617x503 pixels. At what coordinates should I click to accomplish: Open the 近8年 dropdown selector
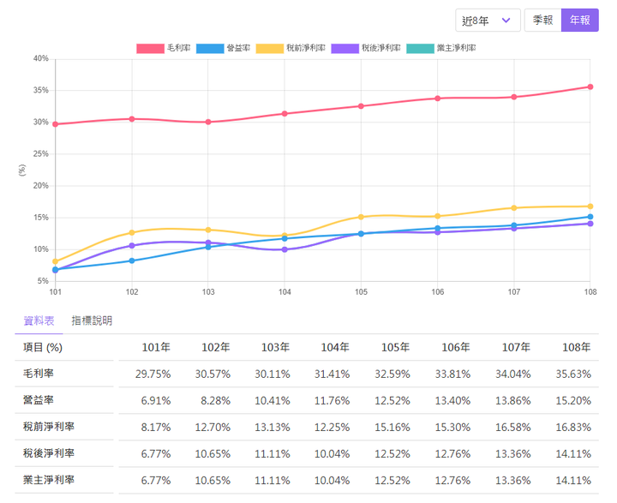click(x=488, y=20)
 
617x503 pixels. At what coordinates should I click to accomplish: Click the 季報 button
click(x=542, y=20)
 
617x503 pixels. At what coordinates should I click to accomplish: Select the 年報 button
click(x=580, y=20)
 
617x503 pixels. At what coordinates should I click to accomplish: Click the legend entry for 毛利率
click(x=165, y=48)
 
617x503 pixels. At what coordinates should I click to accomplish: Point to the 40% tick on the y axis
click(x=40, y=58)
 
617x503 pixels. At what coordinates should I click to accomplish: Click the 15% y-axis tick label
click(x=40, y=218)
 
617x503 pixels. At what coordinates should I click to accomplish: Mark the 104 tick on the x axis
click(x=285, y=292)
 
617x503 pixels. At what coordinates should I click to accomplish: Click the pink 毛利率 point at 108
click(x=590, y=87)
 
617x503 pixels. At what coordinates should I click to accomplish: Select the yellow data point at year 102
click(x=132, y=232)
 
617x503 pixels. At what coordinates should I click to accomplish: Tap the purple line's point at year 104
click(x=285, y=249)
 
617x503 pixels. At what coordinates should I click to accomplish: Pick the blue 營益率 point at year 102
click(x=132, y=260)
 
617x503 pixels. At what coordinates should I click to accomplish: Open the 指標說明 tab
click(x=92, y=320)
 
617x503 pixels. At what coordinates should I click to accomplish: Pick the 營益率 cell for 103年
click(x=273, y=400)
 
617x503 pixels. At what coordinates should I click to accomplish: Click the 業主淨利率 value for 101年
click(x=153, y=480)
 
